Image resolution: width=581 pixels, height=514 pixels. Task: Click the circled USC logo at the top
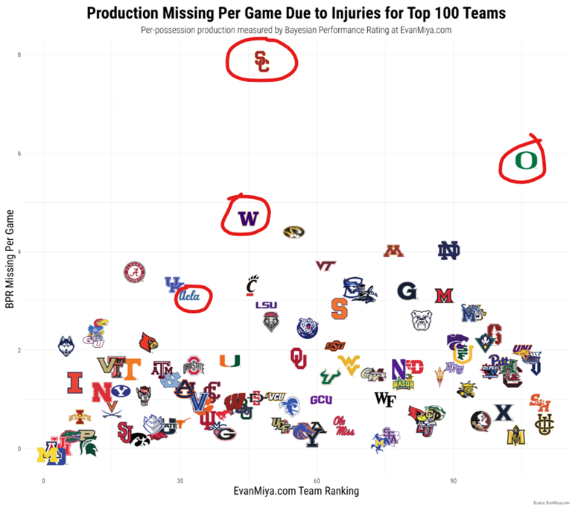(261, 61)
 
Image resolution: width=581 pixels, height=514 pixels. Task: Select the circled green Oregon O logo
(525, 160)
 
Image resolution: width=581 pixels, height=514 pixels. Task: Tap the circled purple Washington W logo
(247, 218)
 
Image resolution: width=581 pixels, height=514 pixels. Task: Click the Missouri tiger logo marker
(294, 232)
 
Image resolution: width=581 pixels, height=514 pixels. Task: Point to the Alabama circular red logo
(134, 273)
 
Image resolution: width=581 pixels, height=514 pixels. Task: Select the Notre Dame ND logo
(449, 252)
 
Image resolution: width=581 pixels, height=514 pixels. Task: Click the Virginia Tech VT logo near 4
(326, 265)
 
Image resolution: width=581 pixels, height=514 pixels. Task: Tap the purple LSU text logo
(266, 305)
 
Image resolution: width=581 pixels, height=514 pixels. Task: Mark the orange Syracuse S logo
(339, 308)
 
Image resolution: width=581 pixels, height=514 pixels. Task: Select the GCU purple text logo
(321, 400)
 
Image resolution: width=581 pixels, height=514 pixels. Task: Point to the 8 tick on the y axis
(19, 55)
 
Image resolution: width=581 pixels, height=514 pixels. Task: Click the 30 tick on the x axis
(180, 482)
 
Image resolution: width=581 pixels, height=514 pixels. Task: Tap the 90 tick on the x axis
(454, 482)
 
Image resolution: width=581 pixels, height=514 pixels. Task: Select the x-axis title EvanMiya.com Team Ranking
(296, 491)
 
